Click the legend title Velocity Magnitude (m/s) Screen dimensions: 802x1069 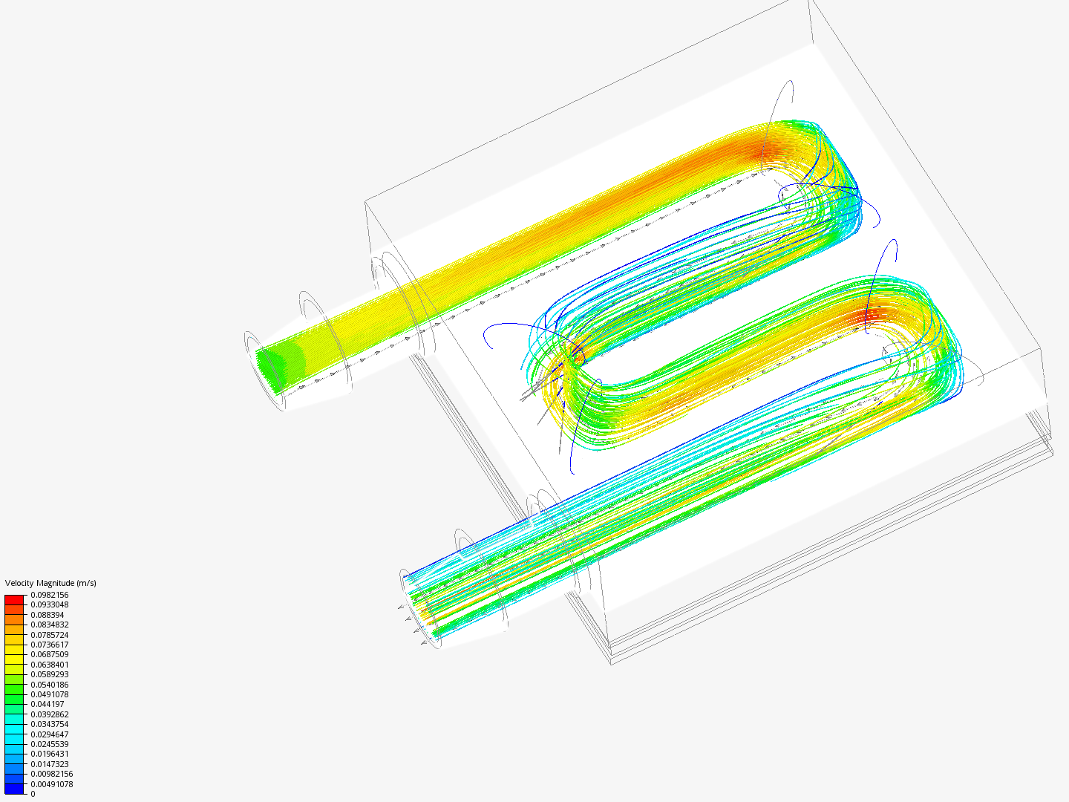[x=50, y=583]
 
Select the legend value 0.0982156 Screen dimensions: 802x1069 [x=49, y=595]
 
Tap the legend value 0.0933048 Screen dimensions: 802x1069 [x=49, y=604]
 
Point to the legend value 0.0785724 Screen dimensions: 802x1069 [x=49, y=635]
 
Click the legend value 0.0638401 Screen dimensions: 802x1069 [x=49, y=665]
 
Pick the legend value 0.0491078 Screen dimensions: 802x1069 [x=49, y=694]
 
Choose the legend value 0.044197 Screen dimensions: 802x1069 [x=47, y=704]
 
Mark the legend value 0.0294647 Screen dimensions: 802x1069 [x=49, y=734]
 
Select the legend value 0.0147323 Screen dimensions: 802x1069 [x=49, y=764]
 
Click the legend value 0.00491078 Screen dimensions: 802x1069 [x=51, y=784]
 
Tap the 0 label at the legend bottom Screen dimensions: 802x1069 [x=33, y=794]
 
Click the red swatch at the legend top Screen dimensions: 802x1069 [x=14, y=599]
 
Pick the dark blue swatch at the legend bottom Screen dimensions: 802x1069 [x=14, y=789]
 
